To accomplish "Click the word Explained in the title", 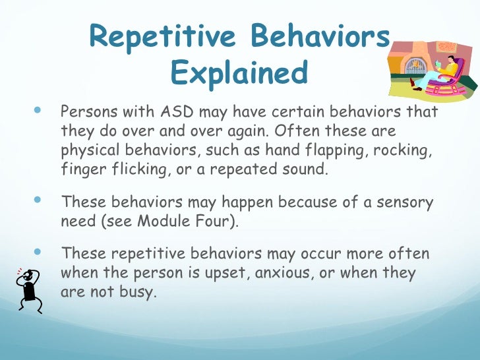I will click(239, 73).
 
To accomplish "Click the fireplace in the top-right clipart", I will click(413, 63).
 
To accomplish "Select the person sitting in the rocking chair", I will click(443, 71).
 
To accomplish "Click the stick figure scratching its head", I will click(28, 288).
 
